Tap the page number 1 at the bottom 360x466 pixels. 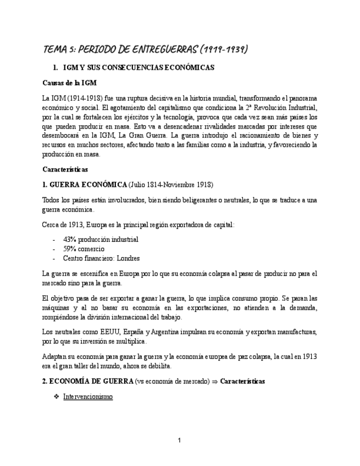179,440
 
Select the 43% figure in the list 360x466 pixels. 70,239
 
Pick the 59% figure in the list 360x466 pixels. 70,248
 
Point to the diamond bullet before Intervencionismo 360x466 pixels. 56,396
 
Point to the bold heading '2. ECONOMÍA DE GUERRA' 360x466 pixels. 88,381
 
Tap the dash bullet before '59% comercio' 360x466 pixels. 54,248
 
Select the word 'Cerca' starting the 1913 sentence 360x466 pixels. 51,225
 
